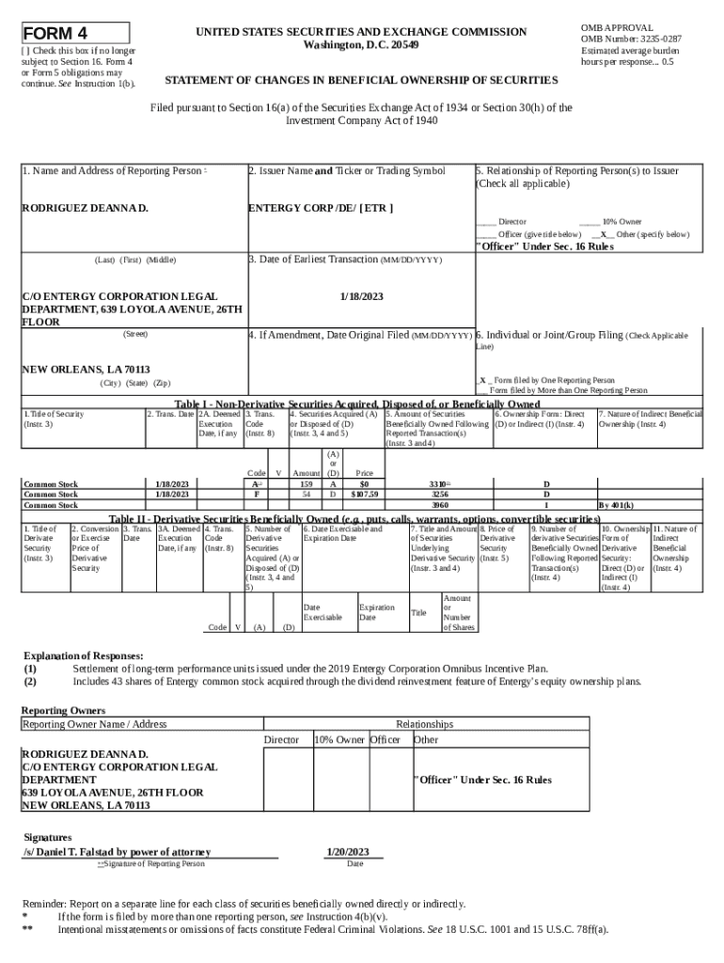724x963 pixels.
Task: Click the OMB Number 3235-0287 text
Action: pyautogui.click(x=632, y=39)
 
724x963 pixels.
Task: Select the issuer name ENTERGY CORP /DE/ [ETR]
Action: pyautogui.click(x=320, y=207)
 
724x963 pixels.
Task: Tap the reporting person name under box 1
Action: pyautogui.click(x=86, y=207)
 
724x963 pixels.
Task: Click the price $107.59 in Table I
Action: pyautogui.click(x=364, y=493)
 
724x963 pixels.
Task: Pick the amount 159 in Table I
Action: pyautogui.click(x=306, y=483)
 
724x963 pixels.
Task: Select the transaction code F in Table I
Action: pyautogui.click(x=256, y=493)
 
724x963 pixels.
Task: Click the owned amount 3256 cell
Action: pyautogui.click(x=439, y=493)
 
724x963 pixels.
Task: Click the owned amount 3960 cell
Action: pyautogui.click(x=439, y=505)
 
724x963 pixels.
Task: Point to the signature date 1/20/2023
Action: pyautogui.click(x=347, y=852)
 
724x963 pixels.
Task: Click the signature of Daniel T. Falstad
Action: pyautogui.click(x=110, y=852)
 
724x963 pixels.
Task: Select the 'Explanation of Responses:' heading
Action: pyautogui.click(x=83, y=655)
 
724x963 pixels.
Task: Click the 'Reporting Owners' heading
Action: pyautogui.click(x=63, y=710)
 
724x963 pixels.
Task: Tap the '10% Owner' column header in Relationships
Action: pyautogui.click(x=339, y=740)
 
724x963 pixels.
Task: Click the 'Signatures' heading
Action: pyautogui.click(x=47, y=836)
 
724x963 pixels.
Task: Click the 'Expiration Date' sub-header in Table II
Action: pyautogui.click(x=376, y=613)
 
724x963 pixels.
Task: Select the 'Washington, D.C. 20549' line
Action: pyautogui.click(x=362, y=45)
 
